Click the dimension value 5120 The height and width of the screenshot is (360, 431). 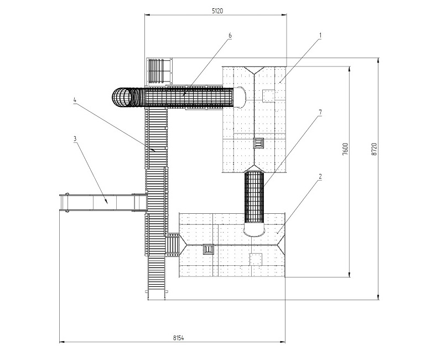click(x=217, y=11)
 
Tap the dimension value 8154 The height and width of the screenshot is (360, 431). click(x=178, y=338)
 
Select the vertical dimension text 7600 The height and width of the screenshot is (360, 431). click(x=345, y=149)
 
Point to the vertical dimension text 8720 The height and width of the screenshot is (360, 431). click(x=374, y=150)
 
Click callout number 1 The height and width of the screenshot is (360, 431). click(x=320, y=35)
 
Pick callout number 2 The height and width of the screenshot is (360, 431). click(x=320, y=177)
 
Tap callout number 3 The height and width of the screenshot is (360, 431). click(x=75, y=138)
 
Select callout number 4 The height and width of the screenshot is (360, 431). click(x=75, y=100)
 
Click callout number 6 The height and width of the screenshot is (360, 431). click(x=230, y=35)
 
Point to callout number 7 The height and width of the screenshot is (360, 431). click(x=320, y=112)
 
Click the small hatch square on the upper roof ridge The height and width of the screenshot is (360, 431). click(x=258, y=143)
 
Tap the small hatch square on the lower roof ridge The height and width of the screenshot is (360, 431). click(x=209, y=249)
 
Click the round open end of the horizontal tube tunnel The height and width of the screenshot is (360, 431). click(x=122, y=97)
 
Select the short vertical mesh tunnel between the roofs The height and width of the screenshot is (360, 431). click(x=254, y=197)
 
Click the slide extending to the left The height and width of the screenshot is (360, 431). click(x=103, y=203)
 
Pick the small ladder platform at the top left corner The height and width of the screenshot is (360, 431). click(x=159, y=71)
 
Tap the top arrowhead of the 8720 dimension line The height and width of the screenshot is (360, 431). click(x=378, y=61)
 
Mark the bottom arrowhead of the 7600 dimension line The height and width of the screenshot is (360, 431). click(x=350, y=274)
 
